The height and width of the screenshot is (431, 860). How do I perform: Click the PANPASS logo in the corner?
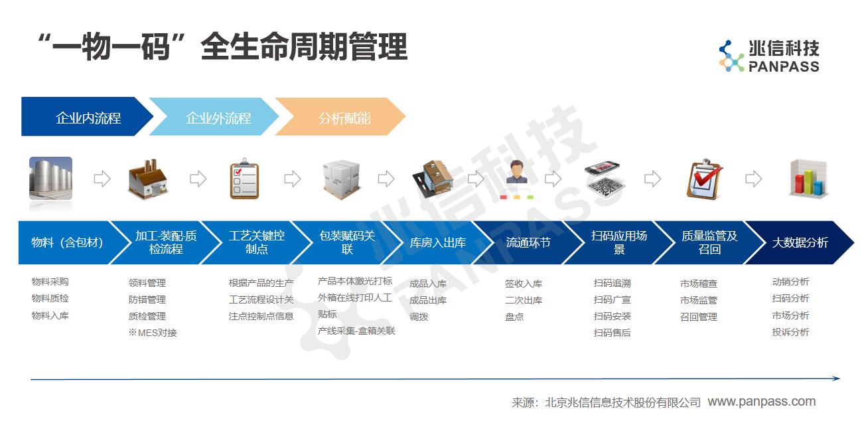pyautogui.click(x=769, y=56)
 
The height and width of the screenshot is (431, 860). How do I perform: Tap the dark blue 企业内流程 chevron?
pyautogui.click(x=87, y=116)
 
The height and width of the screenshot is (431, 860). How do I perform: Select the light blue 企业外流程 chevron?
pyautogui.click(x=214, y=116)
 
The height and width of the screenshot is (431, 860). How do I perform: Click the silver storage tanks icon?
pyautogui.click(x=50, y=178)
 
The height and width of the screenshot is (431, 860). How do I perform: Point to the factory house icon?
pyautogui.click(x=148, y=179)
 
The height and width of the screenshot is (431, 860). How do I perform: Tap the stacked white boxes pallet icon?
pyautogui.click(x=341, y=179)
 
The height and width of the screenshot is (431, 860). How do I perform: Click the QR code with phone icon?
pyautogui.click(x=604, y=179)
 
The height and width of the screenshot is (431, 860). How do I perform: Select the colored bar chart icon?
pyautogui.click(x=808, y=179)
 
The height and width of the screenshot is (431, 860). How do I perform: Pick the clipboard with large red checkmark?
pyautogui.click(x=704, y=179)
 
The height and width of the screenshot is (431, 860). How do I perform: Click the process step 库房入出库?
pyautogui.click(x=438, y=242)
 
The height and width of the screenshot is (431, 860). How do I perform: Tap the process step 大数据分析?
pyautogui.click(x=800, y=242)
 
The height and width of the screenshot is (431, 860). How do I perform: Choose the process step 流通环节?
pyautogui.click(x=528, y=242)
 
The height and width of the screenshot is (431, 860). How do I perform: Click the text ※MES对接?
pyautogui.click(x=153, y=333)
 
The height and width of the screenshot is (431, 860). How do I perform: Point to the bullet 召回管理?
pyautogui.click(x=698, y=317)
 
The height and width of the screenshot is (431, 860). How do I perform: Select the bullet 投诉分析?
pyautogui.click(x=790, y=332)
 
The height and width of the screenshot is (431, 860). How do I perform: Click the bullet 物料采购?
pyautogui.click(x=50, y=282)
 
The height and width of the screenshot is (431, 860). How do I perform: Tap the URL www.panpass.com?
pyautogui.click(x=762, y=401)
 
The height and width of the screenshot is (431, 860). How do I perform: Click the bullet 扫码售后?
pyautogui.click(x=612, y=333)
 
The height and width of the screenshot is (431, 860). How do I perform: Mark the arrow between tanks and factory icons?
pyautogui.click(x=102, y=179)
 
